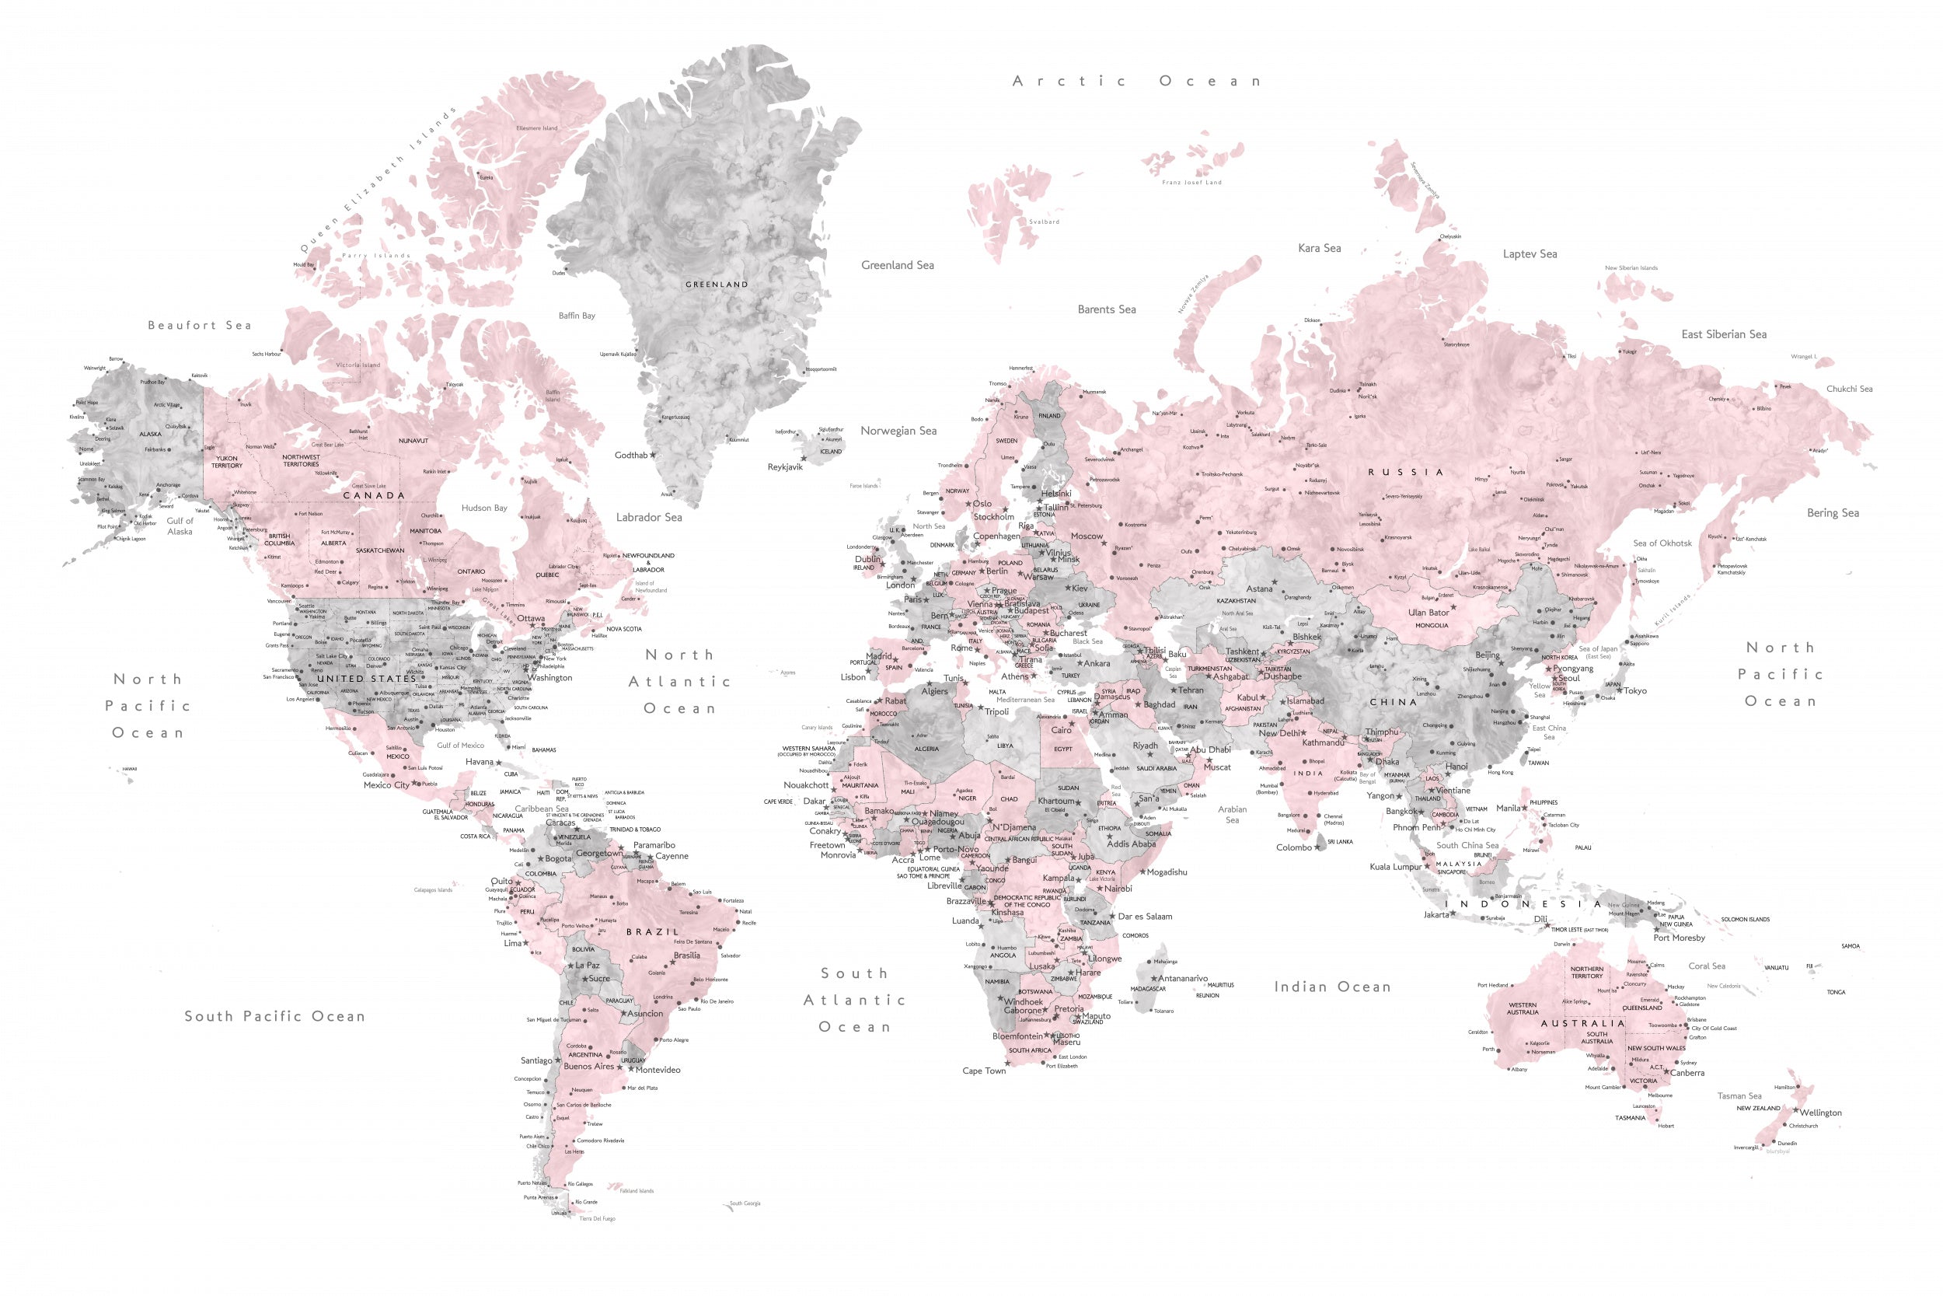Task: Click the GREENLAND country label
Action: [x=717, y=285]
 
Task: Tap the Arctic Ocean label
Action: [x=1136, y=81]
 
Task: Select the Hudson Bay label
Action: [x=484, y=508]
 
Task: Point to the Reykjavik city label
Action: [x=785, y=467]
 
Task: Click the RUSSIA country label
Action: [x=1405, y=472]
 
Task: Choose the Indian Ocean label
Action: [x=1331, y=987]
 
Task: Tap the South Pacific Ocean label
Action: [x=274, y=1017]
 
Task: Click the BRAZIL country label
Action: [x=652, y=931]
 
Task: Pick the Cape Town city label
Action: [x=984, y=1071]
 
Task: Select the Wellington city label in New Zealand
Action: [x=1821, y=1113]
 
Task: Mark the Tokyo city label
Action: [x=1635, y=691]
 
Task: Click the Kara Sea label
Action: [x=1319, y=248]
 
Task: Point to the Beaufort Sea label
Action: [x=199, y=326]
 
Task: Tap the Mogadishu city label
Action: [x=1167, y=872]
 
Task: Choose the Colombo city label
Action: [x=1294, y=847]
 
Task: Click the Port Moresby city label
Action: [x=1679, y=938]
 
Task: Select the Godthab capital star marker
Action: [x=653, y=455]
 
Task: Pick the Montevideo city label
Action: [x=658, y=1070]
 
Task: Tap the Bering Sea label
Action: [x=1833, y=513]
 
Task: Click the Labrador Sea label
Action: [x=648, y=518]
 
